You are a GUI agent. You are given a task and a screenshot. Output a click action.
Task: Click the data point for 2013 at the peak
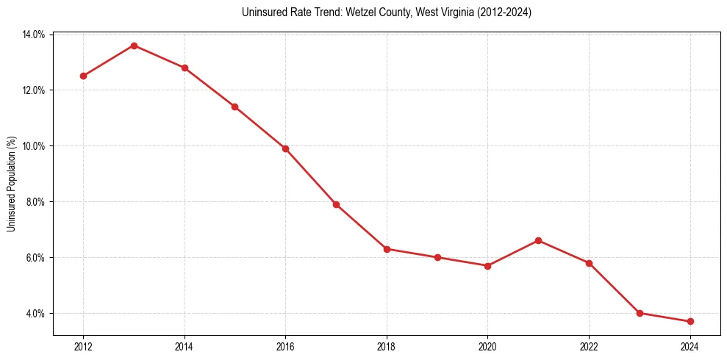click(x=134, y=46)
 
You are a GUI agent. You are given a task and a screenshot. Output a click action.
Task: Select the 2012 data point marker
click(x=83, y=76)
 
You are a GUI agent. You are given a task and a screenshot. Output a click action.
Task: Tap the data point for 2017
click(x=336, y=204)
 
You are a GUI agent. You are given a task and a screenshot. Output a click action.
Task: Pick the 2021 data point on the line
click(x=538, y=240)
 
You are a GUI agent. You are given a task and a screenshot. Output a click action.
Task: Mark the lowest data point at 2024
click(x=690, y=321)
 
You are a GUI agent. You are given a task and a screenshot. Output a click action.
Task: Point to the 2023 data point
click(x=640, y=313)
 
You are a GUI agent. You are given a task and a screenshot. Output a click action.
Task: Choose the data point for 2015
click(x=234, y=107)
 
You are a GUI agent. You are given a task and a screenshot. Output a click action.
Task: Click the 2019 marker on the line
click(x=437, y=257)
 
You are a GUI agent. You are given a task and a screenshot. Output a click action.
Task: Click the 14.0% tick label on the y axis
click(x=34, y=35)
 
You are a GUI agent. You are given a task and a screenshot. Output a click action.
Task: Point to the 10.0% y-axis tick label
click(x=34, y=146)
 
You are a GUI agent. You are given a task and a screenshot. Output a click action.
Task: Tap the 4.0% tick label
click(x=35, y=314)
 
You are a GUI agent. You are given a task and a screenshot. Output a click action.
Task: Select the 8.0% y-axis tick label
click(x=35, y=202)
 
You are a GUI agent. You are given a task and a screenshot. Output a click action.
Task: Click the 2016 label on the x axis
click(x=285, y=347)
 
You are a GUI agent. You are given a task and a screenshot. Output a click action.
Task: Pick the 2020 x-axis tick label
click(x=487, y=347)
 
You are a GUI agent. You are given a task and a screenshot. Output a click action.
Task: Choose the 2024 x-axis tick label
click(x=690, y=347)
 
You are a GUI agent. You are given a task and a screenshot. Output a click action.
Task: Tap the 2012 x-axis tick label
click(x=83, y=347)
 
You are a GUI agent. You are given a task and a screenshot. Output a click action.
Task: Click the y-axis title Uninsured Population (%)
click(x=11, y=184)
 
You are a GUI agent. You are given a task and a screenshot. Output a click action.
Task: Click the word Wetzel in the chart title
click(x=363, y=12)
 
